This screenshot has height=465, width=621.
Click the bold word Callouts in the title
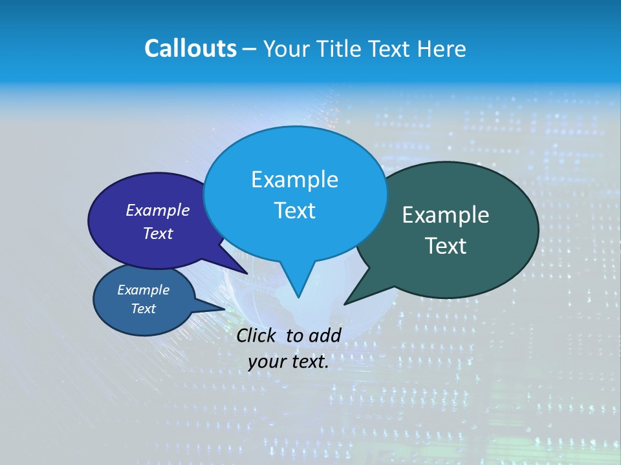(190, 48)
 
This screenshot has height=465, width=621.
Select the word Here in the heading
(441, 48)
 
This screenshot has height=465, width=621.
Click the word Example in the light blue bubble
(294, 180)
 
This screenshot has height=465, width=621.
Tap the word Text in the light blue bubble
(294, 211)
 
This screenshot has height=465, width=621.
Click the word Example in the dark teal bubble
(446, 215)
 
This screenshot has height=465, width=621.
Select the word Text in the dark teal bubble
(446, 246)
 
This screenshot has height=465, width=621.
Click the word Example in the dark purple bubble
(158, 210)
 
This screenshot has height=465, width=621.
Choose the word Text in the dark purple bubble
(158, 233)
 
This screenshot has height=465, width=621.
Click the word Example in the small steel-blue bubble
(143, 290)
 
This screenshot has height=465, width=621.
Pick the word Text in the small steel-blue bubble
(143, 309)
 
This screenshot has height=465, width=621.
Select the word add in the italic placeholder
(324, 335)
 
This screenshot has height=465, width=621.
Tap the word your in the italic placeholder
(266, 362)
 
